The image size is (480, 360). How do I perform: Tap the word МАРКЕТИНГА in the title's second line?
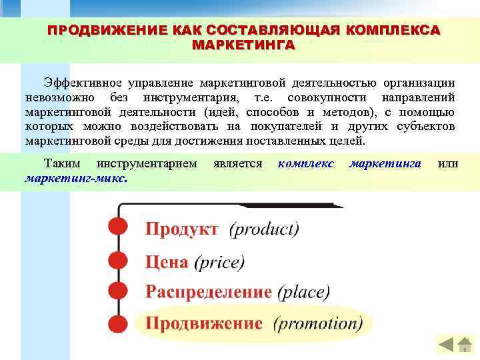click(243, 45)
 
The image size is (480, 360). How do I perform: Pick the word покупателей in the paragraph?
click(283, 127)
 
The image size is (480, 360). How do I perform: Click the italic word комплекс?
click(306, 163)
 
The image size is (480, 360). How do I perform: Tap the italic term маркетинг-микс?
click(77, 178)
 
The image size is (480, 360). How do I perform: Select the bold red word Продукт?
click(182, 229)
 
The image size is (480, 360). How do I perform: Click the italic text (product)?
click(264, 229)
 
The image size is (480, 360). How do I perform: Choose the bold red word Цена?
click(167, 261)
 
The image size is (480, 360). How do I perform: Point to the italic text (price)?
click(219, 261)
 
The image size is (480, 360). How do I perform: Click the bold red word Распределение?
click(209, 292)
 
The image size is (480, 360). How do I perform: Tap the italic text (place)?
click(303, 292)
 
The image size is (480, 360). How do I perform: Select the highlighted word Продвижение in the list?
click(203, 323)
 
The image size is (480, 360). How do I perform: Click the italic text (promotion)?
click(318, 323)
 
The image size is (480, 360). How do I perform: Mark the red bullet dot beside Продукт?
click(117, 227)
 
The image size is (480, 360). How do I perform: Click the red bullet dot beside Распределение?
click(117, 291)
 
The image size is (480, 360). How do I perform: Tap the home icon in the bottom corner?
click(446, 344)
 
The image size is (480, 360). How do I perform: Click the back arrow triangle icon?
click(465, 344)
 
